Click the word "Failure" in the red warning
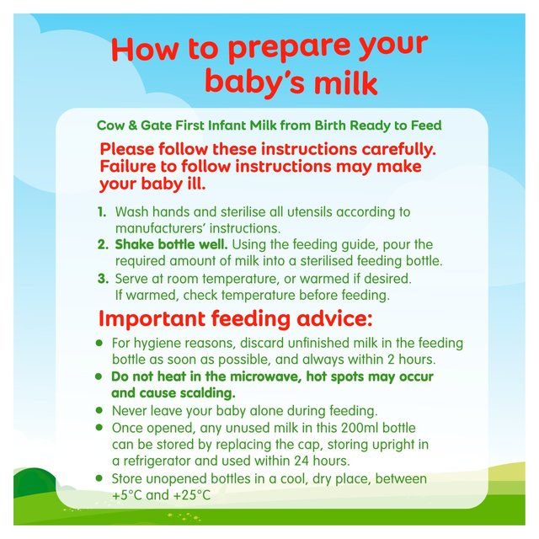pos(133,166)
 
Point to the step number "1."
pos(103,212)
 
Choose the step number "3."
pos(103,278)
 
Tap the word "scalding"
pos(201,392)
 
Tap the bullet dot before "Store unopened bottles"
pos(99,478)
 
